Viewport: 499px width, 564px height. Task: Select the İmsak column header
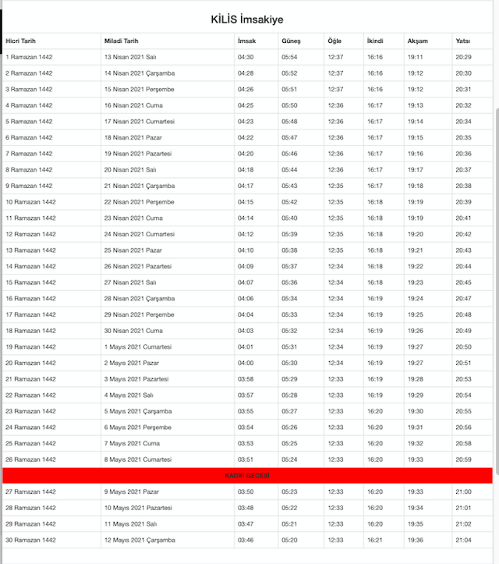pyautogui.click(x=246, y=41)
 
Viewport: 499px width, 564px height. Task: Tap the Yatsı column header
pyautogui.click(x=463, y=41)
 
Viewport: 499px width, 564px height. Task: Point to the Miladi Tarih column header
pyautogui.click(x=122, y=41)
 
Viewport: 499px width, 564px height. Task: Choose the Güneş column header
pyautogui.click(x=291, y=41)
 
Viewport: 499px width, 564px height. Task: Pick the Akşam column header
pyautogui.click(x=417, y=41)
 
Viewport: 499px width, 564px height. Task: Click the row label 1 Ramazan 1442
pyautogui.click(x=29, y=57)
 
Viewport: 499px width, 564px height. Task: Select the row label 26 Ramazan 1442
pyautogui.click(x=30, y=459)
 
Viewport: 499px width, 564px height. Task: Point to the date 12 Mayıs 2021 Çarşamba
pyautogui.click(x=140, y=540)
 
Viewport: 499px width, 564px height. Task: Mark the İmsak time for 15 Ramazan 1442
pyautogui.click(x=246, y=282)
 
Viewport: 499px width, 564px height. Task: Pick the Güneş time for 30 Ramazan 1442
pyautogui.click(x=289, y=540)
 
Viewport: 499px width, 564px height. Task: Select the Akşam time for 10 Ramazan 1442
pyautogui.click(x=416, y=202)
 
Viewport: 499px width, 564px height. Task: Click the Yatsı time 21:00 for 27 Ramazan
pyautogui.click(x=463, y=491)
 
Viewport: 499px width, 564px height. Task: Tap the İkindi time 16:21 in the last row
pyautogui.click(x=375, y=540)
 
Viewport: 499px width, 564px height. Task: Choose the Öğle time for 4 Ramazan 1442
pyautogui.click(x=336, y=105)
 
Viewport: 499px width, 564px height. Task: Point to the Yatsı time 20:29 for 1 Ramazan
pyautogui.click(x=463, y=57)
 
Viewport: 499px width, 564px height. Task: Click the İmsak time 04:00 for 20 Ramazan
pyautogui.click(x=246, y=363)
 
